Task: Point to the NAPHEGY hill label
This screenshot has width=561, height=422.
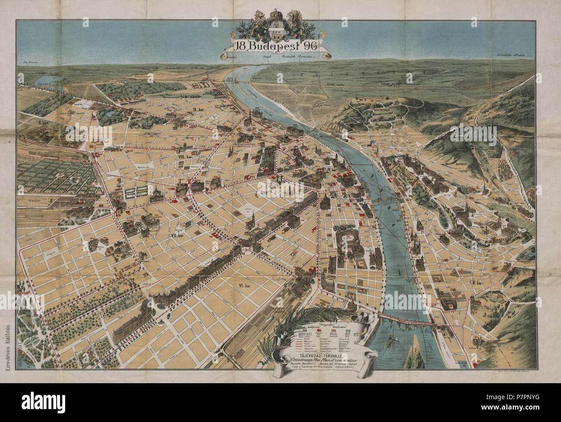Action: [463, 164]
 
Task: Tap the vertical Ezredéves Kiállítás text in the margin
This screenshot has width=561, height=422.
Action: [7, 332]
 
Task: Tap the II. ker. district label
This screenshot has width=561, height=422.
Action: [477, 282]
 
